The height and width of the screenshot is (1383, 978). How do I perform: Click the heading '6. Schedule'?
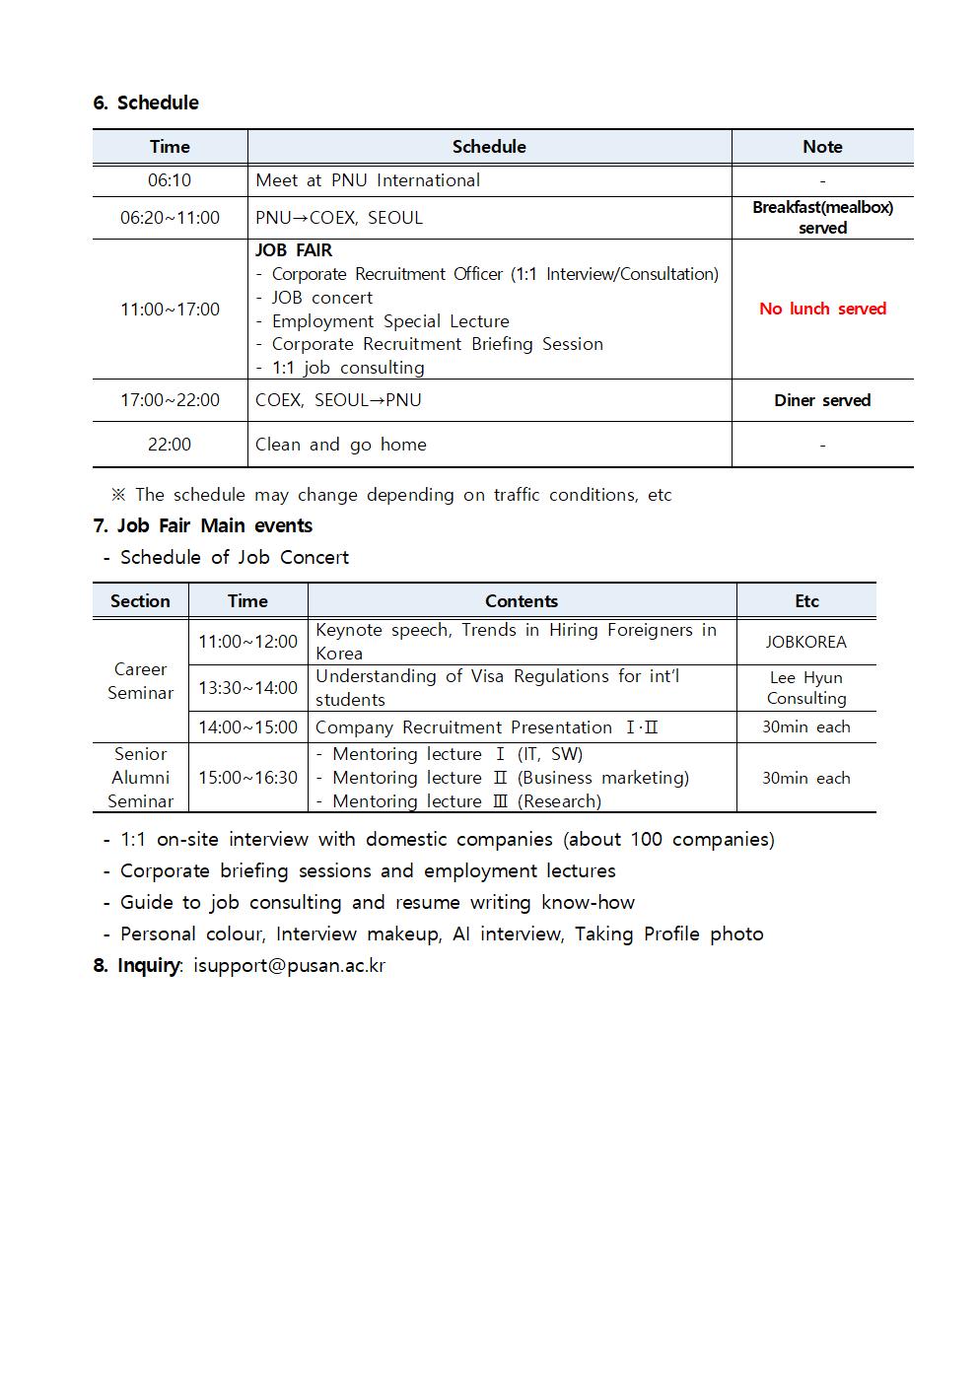[x=146, y=103]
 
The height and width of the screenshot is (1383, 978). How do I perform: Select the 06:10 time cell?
[x=170, y=180]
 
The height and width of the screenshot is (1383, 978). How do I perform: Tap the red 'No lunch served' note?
[x=822, y=309]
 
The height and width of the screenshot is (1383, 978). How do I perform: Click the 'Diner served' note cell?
[x=822, y=400]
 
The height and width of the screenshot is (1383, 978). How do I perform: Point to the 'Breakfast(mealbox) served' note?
[x=822, y=218]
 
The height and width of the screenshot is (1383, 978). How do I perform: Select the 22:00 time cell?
[x=170, y=445]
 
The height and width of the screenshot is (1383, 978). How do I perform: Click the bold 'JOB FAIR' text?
[x=294, y=250]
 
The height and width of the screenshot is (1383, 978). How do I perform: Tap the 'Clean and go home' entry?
[x=341, y=445]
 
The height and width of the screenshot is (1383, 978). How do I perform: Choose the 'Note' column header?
[x=822, y=147]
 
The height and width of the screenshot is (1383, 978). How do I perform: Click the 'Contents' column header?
[x=522, y=601]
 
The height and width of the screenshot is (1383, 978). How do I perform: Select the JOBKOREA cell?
[x=805, y=642]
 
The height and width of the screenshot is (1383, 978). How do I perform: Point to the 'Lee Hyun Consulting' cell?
[x=805, y=688]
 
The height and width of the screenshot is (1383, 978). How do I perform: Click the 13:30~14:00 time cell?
[x=247, y=688]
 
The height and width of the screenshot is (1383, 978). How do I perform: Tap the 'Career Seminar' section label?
[x=140, y=681]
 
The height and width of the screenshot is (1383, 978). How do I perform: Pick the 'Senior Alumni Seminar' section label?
[x=140, y=778]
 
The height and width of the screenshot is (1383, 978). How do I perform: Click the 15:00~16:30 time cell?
[x=247, y=778]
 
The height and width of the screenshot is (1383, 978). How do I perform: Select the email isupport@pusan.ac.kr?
[x=289, y=965]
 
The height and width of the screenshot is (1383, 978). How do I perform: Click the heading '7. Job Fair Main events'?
[x=203, y=525]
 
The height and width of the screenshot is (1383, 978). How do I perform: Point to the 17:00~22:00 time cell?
[x=170, y=400]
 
